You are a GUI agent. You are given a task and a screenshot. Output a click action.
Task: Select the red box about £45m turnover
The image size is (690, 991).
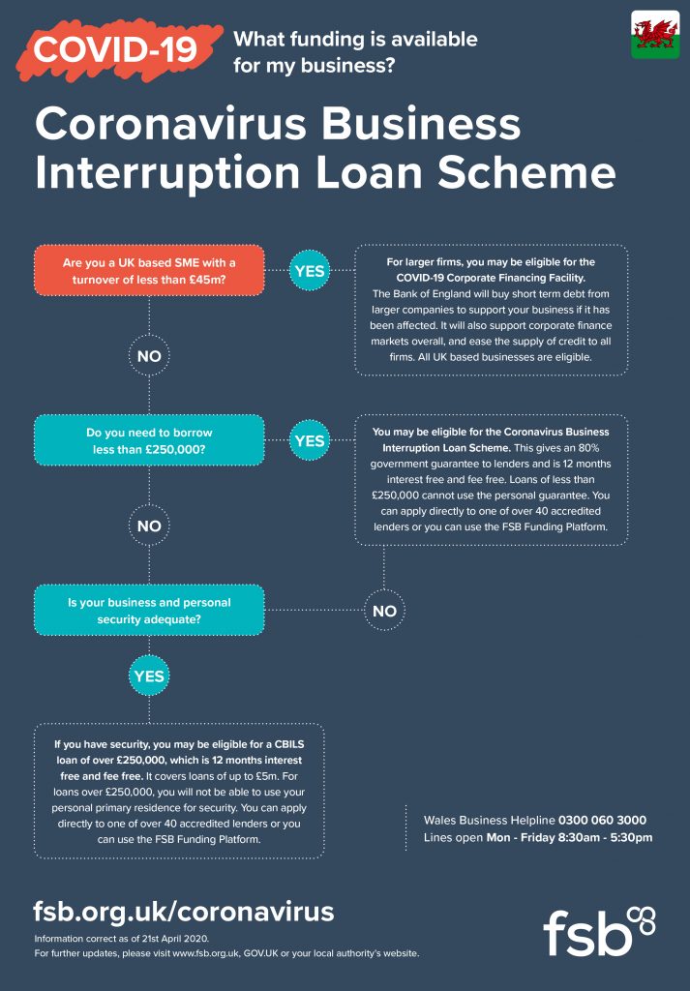[x=149, y=271]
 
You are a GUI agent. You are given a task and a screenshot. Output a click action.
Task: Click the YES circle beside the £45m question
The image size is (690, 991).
[x=310, y=271]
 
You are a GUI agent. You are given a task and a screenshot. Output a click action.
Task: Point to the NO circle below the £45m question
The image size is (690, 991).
[x=149, y=356]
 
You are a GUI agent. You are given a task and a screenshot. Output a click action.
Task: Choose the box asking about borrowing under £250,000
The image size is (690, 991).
[x=149, y=440]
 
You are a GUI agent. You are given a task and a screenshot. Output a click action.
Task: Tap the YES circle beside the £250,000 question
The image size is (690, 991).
[x=310, y=440]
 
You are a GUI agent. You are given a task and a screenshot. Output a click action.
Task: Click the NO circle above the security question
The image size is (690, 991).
[x=149, y=526]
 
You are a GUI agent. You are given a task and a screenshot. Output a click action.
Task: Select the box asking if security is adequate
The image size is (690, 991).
[x=149, y=611]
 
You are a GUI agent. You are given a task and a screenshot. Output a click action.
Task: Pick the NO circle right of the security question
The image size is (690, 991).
[x=384, y=611]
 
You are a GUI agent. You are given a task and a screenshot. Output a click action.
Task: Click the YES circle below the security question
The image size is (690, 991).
[x=149, y=676]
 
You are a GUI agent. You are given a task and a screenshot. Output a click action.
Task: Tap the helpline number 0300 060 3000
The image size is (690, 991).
[x=602, y=821]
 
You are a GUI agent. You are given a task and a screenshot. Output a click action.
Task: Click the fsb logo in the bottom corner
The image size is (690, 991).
[x=599, y=932]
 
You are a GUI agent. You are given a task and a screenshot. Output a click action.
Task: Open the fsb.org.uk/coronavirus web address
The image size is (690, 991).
[x=184, y=912]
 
